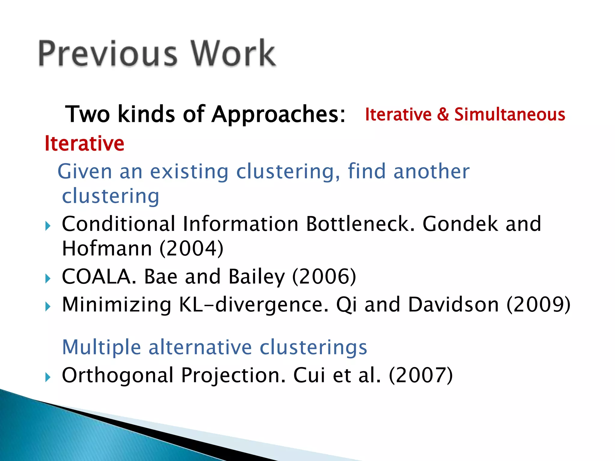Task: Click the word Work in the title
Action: tap(233, 53)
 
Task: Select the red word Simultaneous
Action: tap(510, 114)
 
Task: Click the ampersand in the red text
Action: tap(443, 114)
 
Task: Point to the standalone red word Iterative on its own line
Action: tap(84, 143)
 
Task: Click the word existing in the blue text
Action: tap(189, 172)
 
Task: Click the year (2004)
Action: tap(191, 249)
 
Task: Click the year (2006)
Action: tap(324, 276)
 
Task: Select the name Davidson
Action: tap(453, 305)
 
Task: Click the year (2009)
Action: tap(538, 305)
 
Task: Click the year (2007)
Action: tap(421, 375)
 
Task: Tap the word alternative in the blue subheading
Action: tap(200, 347)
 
